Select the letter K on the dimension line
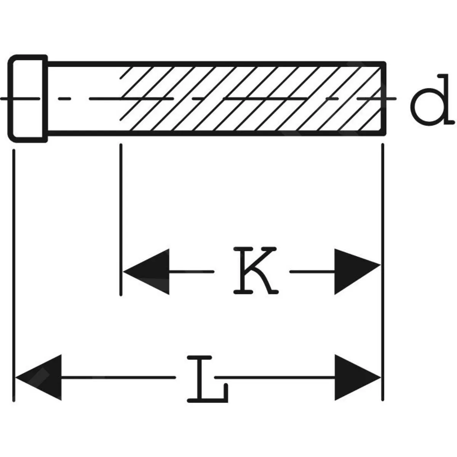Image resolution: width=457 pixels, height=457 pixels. coord(254,271)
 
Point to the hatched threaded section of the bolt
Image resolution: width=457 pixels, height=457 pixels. coord(251,99)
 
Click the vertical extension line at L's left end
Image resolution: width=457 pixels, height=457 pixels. coord(14,267)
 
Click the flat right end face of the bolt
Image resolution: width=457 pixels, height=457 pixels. coord(384,99)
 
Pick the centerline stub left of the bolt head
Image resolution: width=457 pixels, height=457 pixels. coord(5,99)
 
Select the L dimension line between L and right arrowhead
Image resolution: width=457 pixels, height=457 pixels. coord(274,377)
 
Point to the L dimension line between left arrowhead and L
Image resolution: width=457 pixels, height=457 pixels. coord(118,377)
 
